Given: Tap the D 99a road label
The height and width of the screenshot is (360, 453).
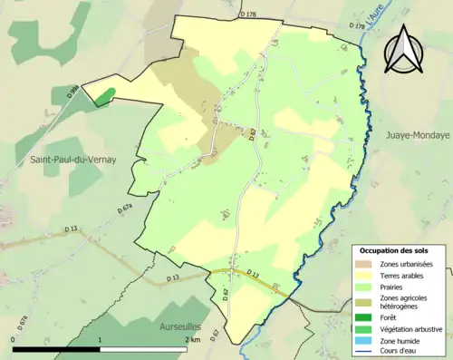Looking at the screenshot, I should (72, 92).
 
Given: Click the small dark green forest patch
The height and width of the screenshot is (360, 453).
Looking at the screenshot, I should (105, 95).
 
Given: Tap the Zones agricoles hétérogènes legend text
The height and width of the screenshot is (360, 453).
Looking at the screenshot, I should (404, 303).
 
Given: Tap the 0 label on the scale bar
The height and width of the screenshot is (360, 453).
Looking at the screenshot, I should (13, 339).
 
